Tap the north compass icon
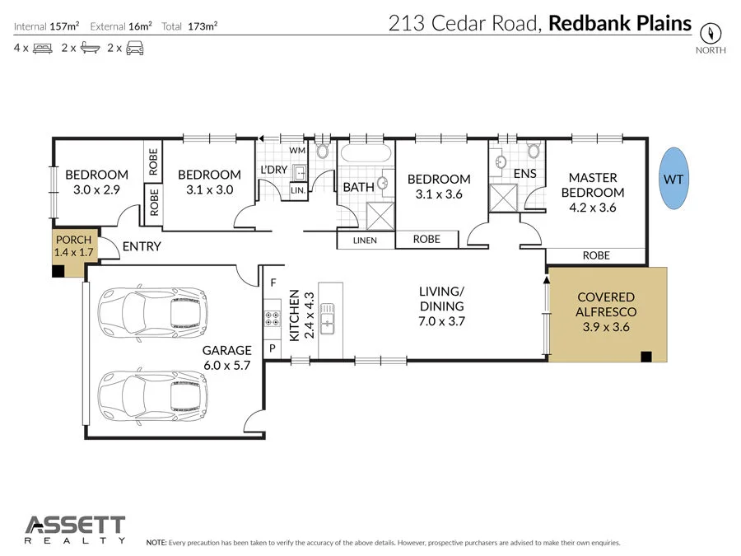[x=711, y=34]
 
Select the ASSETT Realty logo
[x=75, y=530]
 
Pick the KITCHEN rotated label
[x=294, y=315]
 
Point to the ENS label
[x=524, y=174]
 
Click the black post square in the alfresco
[x=646, y=357]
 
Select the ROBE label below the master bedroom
[x=596, y=255]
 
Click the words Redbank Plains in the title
[x=620, y=22]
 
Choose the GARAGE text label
[x=227, y=351]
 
